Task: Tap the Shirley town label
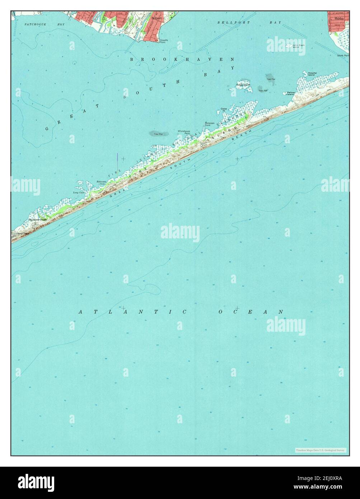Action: tap(339, 17)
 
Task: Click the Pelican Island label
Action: tap(291, 93)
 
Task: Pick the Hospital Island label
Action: tap(312, 74)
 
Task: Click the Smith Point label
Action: tap(343, 56)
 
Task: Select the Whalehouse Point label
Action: tap(183, 132)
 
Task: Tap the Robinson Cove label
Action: tap(101, 183)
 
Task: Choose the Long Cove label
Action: tap(78, 193)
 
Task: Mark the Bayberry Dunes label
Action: tap(38, 219)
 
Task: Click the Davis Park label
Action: tap(22, 233)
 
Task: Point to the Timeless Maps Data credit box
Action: tap(321, 450)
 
